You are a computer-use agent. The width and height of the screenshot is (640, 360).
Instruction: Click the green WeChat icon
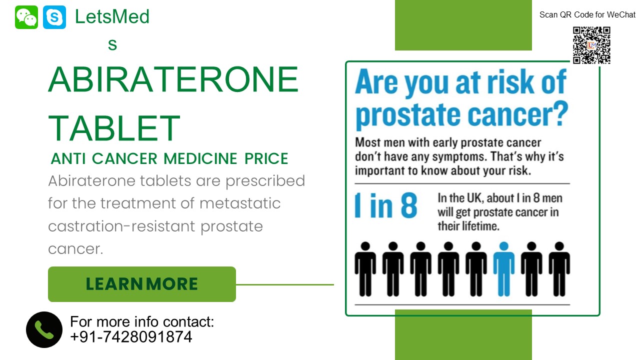coord(26,17)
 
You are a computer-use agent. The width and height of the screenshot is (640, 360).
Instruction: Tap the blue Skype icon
coord(54,17)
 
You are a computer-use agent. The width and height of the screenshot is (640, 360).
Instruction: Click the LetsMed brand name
coord(112,17)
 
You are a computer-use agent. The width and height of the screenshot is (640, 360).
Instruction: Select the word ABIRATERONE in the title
coord(173,80)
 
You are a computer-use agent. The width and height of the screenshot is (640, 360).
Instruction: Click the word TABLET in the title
coord(114,128)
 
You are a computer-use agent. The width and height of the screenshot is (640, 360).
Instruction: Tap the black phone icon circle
coord(44,329)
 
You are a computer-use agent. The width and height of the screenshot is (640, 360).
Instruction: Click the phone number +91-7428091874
coord(131,337)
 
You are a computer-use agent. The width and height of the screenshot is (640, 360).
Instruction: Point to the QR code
coord(591,45)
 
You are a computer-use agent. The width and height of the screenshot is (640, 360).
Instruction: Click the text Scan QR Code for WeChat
coord(587,15)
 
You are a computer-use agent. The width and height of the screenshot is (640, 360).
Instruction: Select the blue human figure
coord(503,269)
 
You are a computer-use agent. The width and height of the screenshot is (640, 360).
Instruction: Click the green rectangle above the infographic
coord(463,25)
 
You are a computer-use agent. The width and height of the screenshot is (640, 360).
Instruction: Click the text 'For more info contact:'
coord(142,321)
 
